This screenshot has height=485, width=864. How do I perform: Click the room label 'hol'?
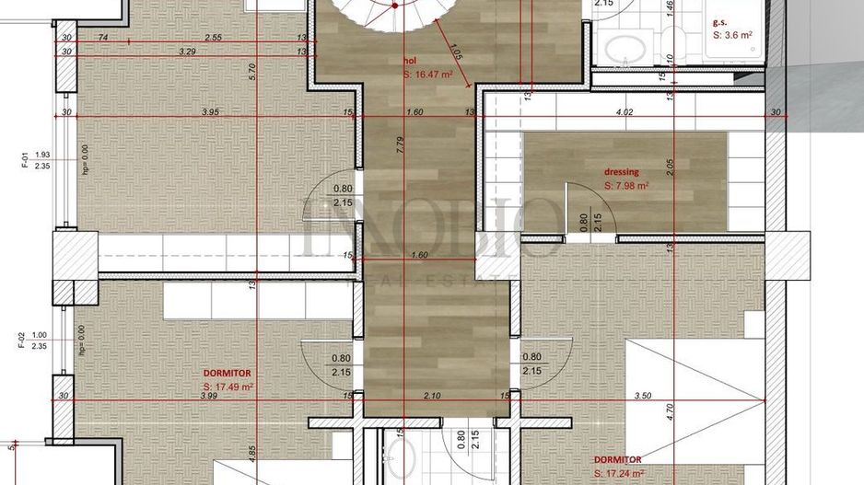point(411,64)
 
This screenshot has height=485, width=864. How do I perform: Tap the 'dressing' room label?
point(622,171)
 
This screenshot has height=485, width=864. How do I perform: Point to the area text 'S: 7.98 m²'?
point(626,185)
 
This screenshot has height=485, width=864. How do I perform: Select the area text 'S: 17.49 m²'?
point(228,387)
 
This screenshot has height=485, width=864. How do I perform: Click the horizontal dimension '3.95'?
point(210,112)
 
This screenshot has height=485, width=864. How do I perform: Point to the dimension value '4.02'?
point(625,112)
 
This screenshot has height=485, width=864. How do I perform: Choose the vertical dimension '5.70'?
point(251,72)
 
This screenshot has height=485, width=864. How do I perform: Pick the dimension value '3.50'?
point(642,395)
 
